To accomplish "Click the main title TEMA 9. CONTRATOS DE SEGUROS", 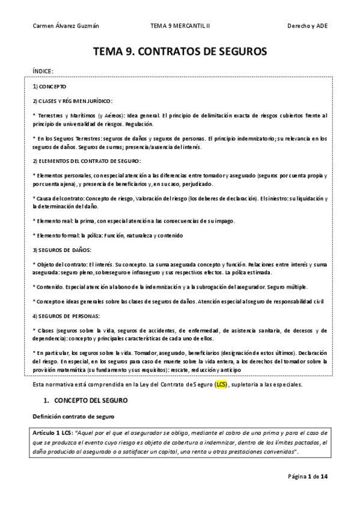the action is coord(180,52).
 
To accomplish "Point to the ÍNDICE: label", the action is coord(43,71).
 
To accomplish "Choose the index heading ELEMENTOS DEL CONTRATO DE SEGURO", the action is coord(87,161).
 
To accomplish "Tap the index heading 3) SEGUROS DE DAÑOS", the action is coord(61,248).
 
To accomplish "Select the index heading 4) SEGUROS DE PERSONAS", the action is coord(66,316).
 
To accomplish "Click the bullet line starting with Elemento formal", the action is coord(108,235).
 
